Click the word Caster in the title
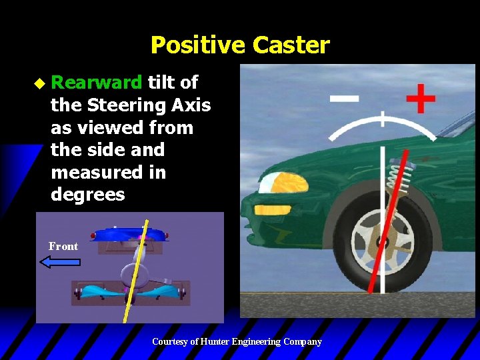[291, 45]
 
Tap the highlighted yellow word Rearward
[97, 83]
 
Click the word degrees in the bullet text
[88, 195]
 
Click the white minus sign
[344, 99]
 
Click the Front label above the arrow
[63, 247]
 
